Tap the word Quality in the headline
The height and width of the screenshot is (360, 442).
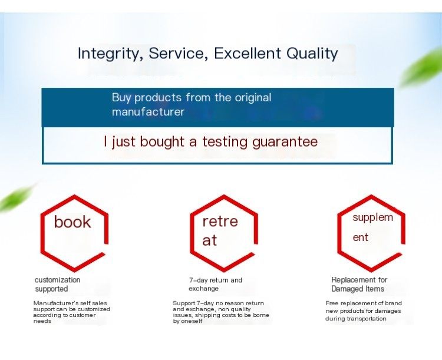tap(312, 54)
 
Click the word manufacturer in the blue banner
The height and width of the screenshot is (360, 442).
tap(148, 112)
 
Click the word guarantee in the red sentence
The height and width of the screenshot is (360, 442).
tap(285, 142)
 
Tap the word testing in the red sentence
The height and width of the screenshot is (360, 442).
tap(226, 142)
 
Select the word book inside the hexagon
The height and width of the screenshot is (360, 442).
tap(72, 222)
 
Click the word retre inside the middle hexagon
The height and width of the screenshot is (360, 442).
tap(220, 222)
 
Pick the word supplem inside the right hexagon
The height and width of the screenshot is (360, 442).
tap(372, 217)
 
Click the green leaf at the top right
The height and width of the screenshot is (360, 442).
tap(421, 67)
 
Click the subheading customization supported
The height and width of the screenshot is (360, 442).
tap(57, 284)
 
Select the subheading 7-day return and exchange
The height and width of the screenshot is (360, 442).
tap(215, 284)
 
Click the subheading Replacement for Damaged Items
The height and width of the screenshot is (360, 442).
tap(359, 284)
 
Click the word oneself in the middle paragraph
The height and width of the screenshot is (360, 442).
tap(192, 321)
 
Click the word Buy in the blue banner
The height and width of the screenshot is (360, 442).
tap(121, 98)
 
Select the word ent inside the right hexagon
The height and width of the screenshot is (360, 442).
tap(360, 237)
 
